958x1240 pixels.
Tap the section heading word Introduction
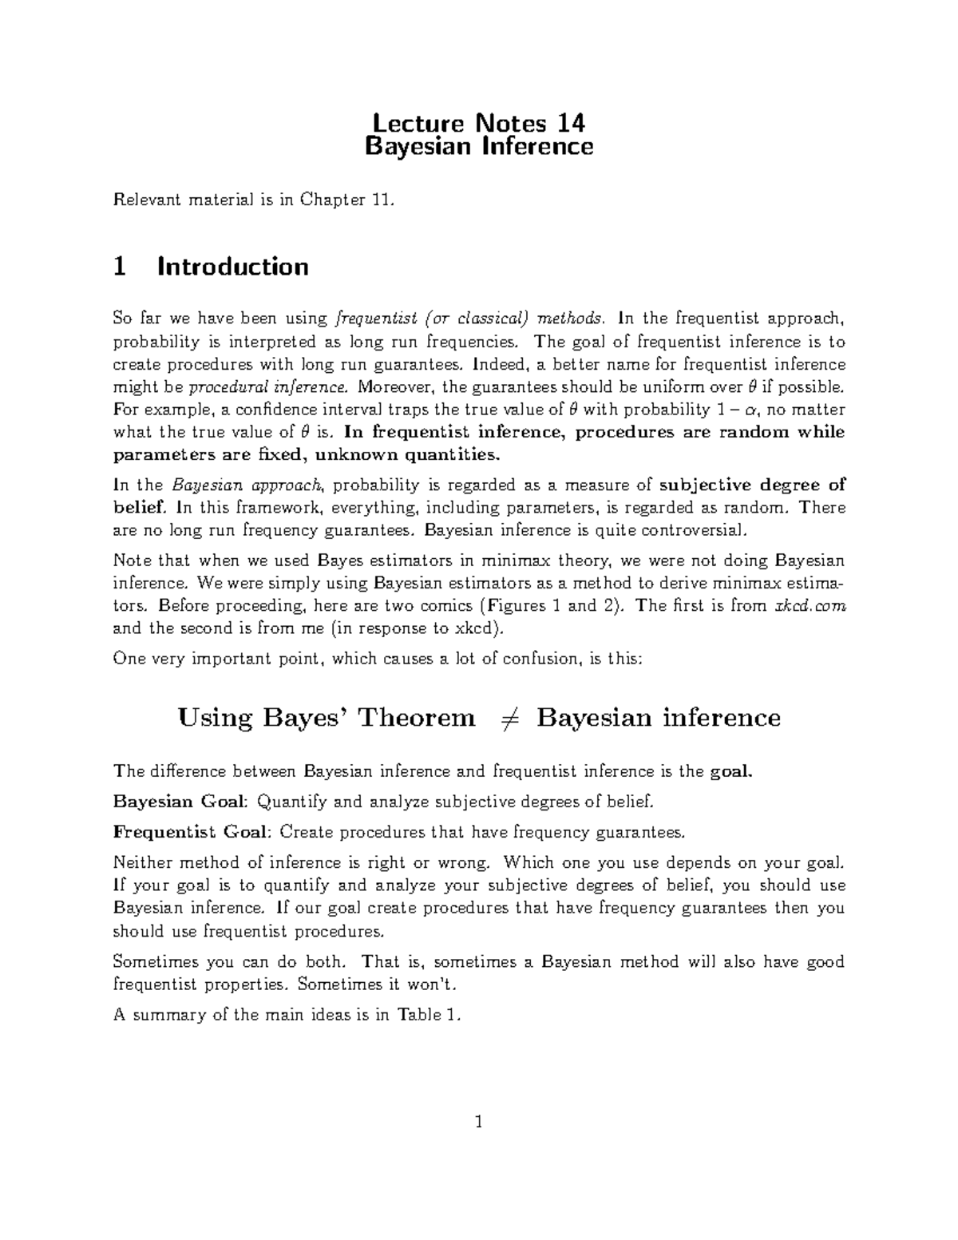[233, 266]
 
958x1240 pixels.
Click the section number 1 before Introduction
[120, 266]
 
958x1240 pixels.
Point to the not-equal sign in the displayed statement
[505, 718]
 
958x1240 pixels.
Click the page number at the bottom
[478, 1123]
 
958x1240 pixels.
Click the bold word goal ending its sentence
[730, 771]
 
